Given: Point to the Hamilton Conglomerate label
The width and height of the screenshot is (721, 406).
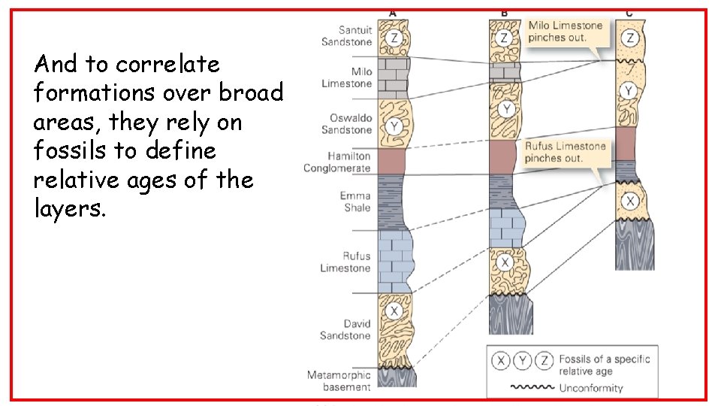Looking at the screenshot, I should click(x=337, y=162).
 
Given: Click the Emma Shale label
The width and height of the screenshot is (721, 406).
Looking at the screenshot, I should click(x=355, y=201).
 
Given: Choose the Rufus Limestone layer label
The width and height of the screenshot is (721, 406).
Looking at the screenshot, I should click(x=346, y=262).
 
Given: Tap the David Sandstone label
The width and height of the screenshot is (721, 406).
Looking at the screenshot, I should click(x=346, y=329).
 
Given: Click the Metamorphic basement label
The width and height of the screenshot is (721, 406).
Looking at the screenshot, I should click(x=339, y=380).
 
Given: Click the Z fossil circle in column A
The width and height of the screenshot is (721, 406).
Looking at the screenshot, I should click(x=394, y=38).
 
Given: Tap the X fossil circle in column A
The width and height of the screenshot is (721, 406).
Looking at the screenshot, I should click(x=394, y=311).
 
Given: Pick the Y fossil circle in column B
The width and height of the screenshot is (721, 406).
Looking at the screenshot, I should click(x=507, y=111).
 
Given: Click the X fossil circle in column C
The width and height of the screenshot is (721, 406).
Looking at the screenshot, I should click(x=631, y=201).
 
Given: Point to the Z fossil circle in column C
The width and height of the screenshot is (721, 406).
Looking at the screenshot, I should click(x=631, y=37).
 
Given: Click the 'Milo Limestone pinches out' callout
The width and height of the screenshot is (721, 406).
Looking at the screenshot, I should click(x=566, y=31).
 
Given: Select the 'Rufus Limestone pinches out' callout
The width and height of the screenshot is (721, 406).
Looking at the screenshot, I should click(x=565, y=152).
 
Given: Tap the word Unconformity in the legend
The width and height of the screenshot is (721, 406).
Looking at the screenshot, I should click(x=591, y=388).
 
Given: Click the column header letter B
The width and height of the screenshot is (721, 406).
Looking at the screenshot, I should click(x=504, y=12).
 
